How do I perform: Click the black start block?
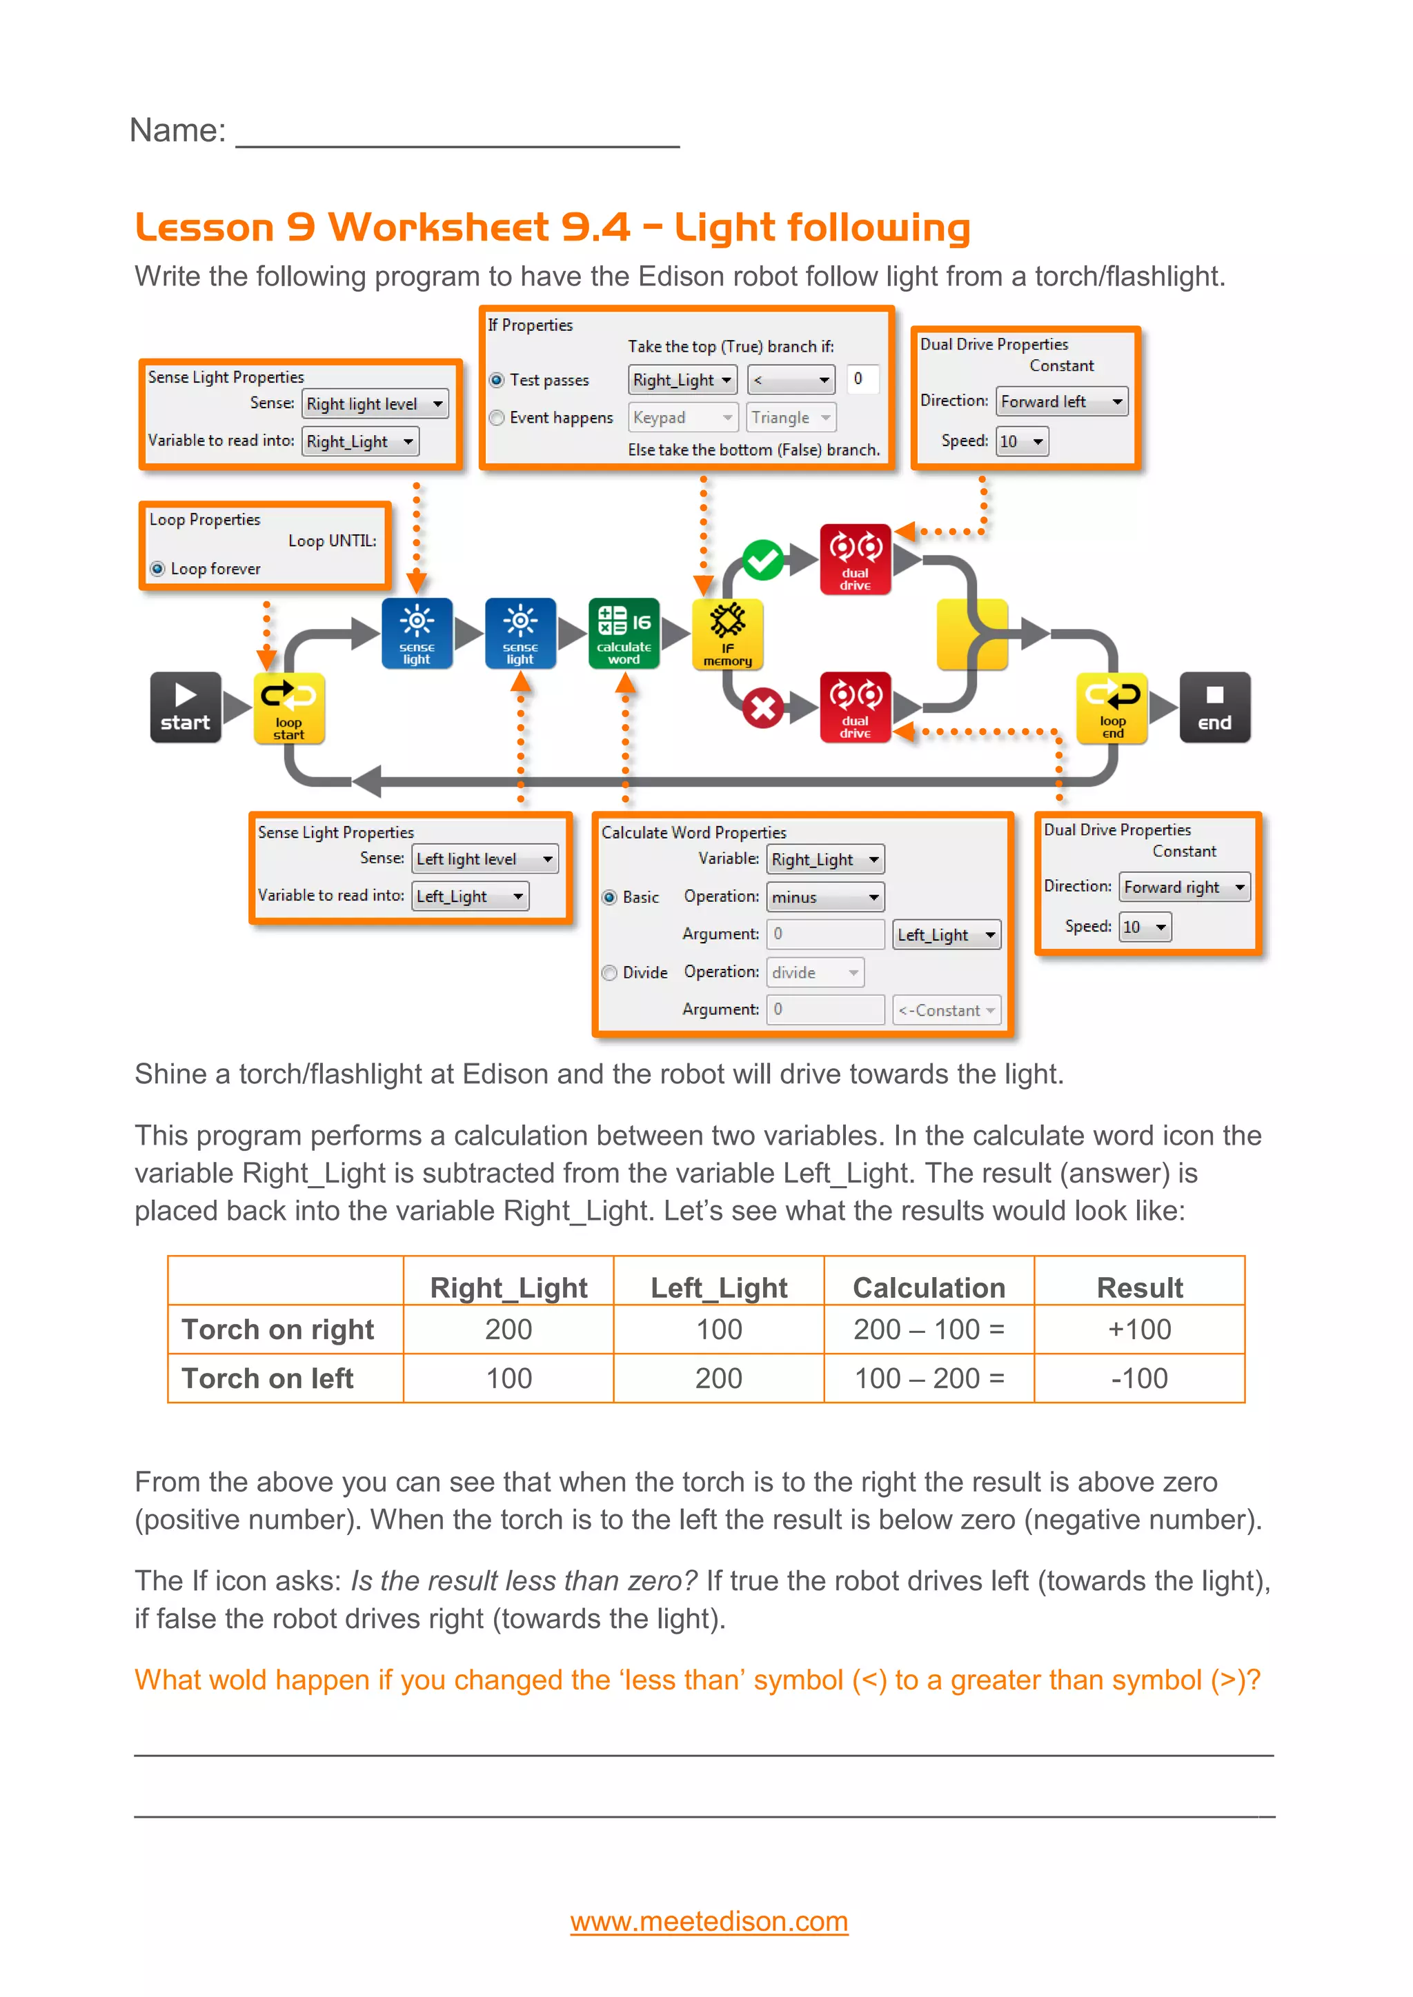(186, 707)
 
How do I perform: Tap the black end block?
(1214, 707)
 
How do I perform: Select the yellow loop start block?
(289, 707)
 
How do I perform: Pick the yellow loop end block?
(1112, 707)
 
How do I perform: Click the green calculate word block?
(624, 633)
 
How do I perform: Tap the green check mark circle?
(763, 560)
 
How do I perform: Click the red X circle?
(763, 708)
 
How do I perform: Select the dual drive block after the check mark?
(856, 559)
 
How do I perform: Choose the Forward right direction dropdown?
(1184, 887)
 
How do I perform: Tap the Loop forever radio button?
(157, 569)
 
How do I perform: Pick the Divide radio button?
(610, 972)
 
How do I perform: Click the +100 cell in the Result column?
(1139, 1329)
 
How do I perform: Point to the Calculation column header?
(929, 1287)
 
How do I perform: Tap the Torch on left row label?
(267, 1378)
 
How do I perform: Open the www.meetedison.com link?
(709, 1920)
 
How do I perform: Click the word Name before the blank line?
(177, 130)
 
